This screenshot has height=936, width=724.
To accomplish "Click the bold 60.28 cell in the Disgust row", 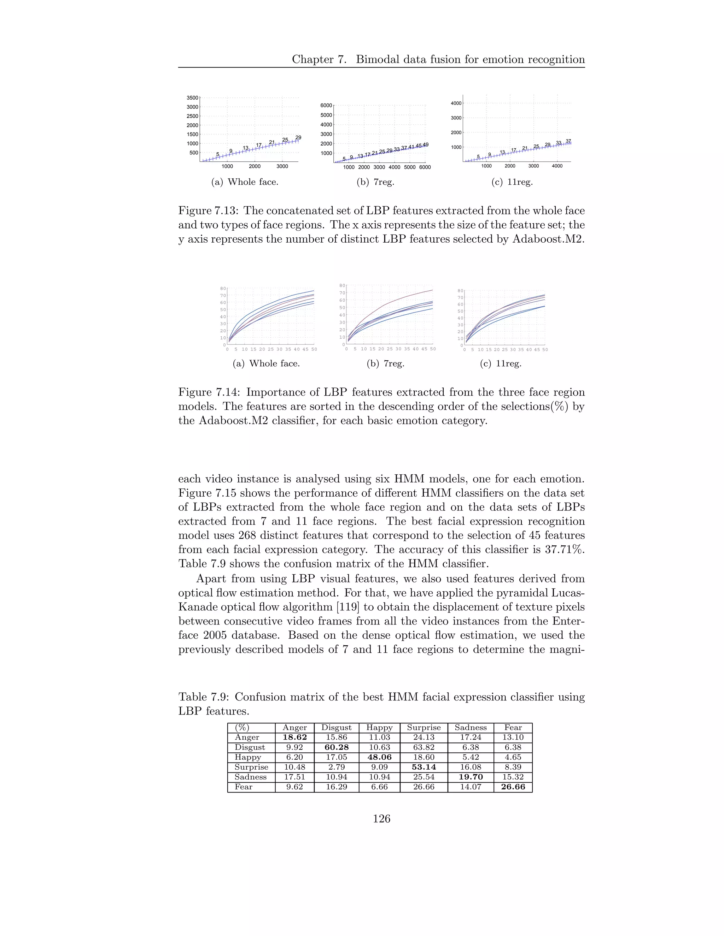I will point(336,747).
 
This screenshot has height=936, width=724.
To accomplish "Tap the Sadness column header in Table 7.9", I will point(471,727).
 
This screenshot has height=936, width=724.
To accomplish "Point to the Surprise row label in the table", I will point(251,767).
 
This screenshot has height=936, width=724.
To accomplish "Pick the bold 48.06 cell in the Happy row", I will point(379,757).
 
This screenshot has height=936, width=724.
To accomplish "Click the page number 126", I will point(381,819).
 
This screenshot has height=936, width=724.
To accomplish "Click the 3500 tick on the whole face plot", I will point(192,98).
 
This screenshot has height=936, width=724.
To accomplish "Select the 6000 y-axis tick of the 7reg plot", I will point(326,105).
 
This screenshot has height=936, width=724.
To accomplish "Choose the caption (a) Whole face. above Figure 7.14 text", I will point(266,363).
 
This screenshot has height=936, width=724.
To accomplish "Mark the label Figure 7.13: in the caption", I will point(209,211).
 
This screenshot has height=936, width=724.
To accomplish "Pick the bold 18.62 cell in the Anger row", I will point(295,737).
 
